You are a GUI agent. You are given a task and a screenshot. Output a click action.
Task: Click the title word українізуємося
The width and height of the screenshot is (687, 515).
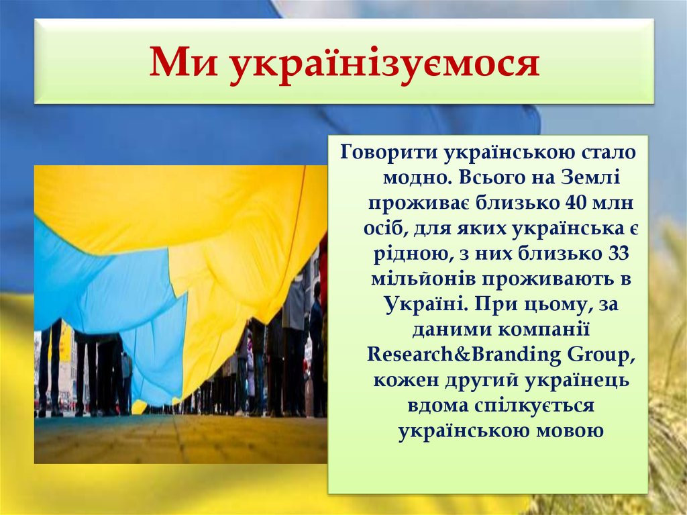[384, 64]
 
